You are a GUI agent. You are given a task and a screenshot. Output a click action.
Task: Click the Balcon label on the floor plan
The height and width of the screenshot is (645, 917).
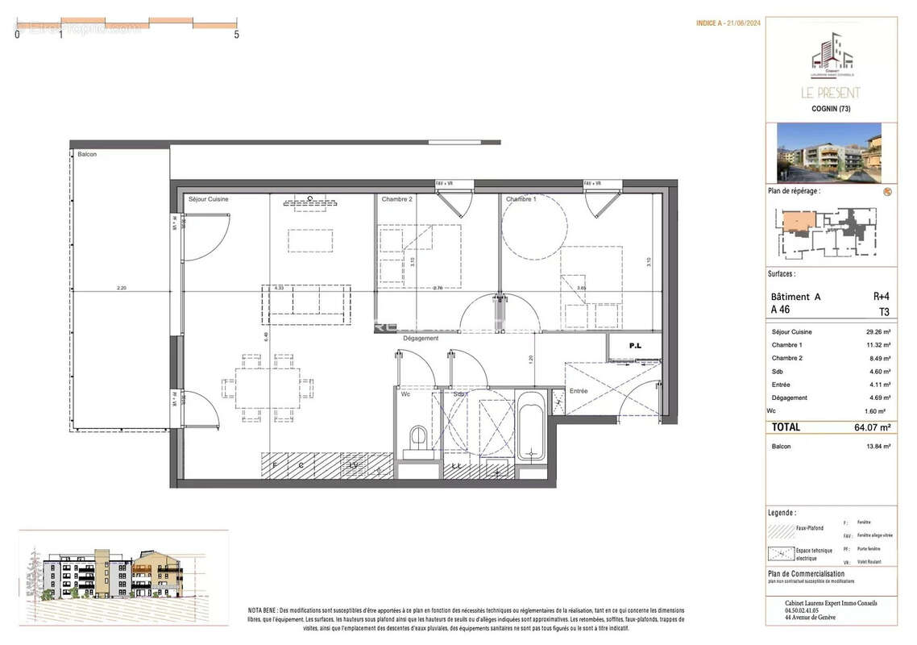87,154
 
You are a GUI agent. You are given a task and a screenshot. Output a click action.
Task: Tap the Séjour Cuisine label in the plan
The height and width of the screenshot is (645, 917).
208,198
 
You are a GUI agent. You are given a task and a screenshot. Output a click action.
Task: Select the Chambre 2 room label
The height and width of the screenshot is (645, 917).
396,198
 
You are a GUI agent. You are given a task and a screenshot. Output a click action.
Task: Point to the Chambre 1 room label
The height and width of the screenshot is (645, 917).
521,198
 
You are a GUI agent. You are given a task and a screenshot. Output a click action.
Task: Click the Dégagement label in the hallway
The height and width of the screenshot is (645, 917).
421,339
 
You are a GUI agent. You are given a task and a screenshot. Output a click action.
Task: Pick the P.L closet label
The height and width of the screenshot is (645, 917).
635,346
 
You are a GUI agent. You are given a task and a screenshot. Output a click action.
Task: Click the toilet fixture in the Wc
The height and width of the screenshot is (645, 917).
418,440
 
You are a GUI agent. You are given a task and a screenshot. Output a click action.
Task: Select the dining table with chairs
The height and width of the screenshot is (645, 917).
267,389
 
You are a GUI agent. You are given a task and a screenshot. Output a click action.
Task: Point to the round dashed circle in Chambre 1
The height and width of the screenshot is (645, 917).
534,227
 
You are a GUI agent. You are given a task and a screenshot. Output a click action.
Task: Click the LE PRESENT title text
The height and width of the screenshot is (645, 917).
830,93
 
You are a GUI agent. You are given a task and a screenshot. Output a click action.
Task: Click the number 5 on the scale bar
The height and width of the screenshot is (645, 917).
236,35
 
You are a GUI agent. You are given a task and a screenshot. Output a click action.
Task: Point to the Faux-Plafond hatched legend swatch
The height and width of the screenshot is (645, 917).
781,531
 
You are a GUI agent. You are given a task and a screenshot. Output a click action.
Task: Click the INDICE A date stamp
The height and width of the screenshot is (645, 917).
728,23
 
